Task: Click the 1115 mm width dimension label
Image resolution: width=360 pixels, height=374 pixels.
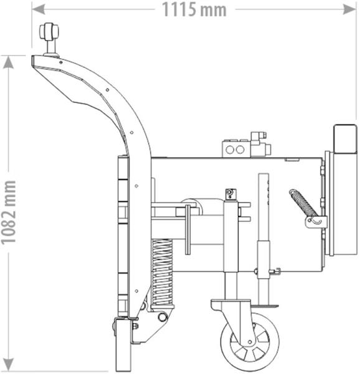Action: tap(194, 10)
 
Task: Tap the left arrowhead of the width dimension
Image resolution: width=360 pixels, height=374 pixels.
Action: tap(38, 9)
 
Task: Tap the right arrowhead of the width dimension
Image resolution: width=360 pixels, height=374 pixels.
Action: tap(349, 9)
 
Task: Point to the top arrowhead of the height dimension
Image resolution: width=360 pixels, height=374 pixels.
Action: tap(8, 62)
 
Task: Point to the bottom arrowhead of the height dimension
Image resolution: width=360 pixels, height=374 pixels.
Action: tap(8, 365)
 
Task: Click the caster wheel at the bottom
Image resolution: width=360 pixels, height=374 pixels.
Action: tap(250, 342)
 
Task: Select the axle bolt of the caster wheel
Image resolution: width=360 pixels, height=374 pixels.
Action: tap(250, 342)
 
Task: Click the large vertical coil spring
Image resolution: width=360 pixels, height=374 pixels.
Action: tap(162, 272)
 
